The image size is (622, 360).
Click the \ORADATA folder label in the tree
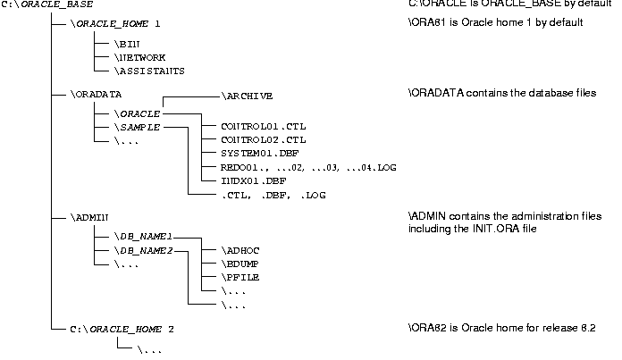[96, 94]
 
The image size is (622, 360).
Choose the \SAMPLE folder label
[137, 128]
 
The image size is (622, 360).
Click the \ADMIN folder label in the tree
[89, 217]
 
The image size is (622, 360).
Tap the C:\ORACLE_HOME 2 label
[122, 329]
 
